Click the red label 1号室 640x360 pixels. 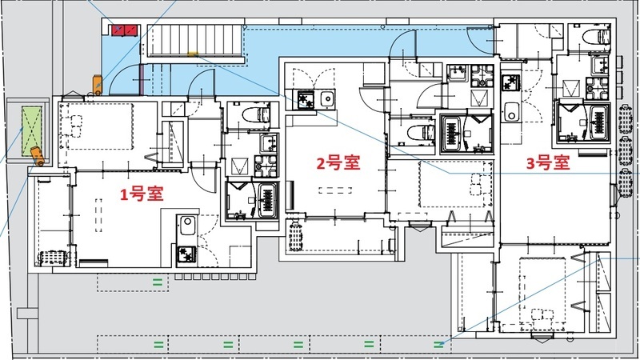click(x=142, y=194)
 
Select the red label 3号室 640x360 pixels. click(x=547, y=162)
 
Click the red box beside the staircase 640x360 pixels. click(x=124, y=30)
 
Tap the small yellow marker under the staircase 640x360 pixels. click(x=193, y=55)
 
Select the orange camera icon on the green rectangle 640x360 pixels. click(x=36, y=153)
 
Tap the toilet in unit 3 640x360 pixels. click(x=594, y=35)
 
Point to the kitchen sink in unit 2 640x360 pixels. click(x=326, y=99)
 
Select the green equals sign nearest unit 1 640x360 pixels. click(x=158, y=282)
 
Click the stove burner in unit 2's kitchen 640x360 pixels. click(x=305, y=99)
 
